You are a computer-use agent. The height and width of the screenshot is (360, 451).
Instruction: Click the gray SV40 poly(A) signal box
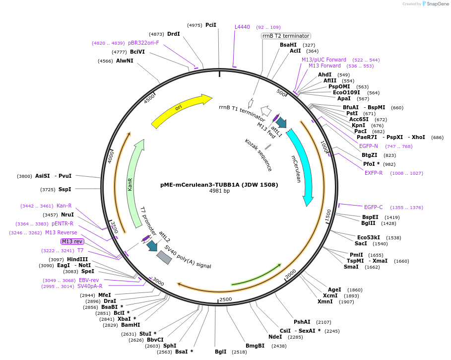tap(164, 257)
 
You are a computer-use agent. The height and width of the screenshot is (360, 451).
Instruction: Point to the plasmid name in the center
tap(219, 185)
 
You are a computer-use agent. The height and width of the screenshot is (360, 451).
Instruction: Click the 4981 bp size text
tap(219, 191)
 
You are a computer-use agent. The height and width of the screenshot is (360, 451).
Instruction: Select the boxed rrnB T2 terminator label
tap(286, 36)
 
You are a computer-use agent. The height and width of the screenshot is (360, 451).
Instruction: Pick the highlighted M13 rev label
tap(72, 241)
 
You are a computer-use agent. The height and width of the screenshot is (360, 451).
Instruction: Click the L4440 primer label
tap(242, 27)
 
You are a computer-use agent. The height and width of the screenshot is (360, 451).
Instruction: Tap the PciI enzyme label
tap(211, 25)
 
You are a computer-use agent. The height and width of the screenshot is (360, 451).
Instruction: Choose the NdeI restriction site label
tap(275, 337)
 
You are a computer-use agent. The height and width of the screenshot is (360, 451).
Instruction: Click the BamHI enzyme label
tap(130, 325)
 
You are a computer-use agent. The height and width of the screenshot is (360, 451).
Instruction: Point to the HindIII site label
tap(77, 259)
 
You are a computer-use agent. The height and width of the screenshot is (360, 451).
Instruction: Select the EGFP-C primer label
tap(373, 207)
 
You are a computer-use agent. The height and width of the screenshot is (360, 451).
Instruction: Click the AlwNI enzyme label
tap(125, 61)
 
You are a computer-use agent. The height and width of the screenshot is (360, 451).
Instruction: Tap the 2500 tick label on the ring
tap(225, 299)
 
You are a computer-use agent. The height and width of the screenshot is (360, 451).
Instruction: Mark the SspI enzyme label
tap(65, 189)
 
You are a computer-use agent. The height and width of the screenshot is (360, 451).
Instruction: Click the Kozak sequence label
tap(258, 155)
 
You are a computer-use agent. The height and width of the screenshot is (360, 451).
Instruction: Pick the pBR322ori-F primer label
tap(143, 43)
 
